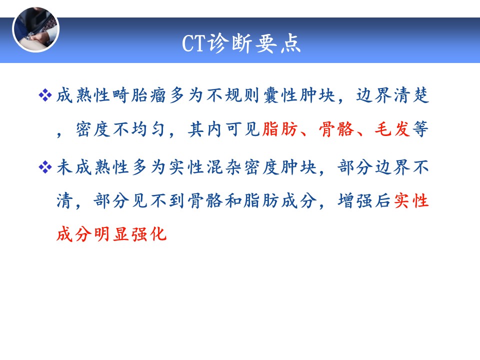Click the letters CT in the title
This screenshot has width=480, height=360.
tap(193, 43)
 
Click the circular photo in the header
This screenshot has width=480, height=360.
tap(36, 29)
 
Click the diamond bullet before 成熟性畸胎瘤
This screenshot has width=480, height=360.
tap(45, 95)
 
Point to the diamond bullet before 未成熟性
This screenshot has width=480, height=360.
tap(45, 167)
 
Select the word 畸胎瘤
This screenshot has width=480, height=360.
tap(139, 95)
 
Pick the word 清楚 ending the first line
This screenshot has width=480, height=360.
tap(411, 95)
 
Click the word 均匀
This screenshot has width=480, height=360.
tap(149, 129)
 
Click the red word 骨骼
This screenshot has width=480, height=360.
tap(336, 129)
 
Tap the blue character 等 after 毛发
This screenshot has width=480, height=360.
tap(420, 129)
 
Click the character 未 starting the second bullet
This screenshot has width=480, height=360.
tap(65, 167)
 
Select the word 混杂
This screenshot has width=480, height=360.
tap(224, 167)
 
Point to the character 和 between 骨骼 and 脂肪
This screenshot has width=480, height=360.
tap(233, 201)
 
